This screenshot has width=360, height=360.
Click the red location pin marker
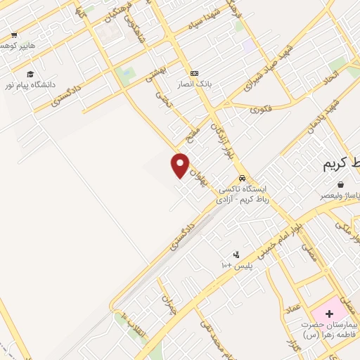click(x=181, y=165)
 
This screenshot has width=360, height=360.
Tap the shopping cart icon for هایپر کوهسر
click(x=14, y=34)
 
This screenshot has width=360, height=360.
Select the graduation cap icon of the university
click(x=30, y=74)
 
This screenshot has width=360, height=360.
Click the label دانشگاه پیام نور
click(x=30, y=84)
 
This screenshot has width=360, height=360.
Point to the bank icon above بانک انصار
click(x=194, y=73)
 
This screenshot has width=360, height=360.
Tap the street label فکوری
click(x=261, y=109)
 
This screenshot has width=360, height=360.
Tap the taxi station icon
click(x=243, y=179)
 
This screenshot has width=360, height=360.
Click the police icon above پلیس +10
click(x=236, y=255)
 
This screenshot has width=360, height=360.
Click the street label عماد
click(x=292, y=307)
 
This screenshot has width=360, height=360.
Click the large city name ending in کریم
click(x=341, y=165)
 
